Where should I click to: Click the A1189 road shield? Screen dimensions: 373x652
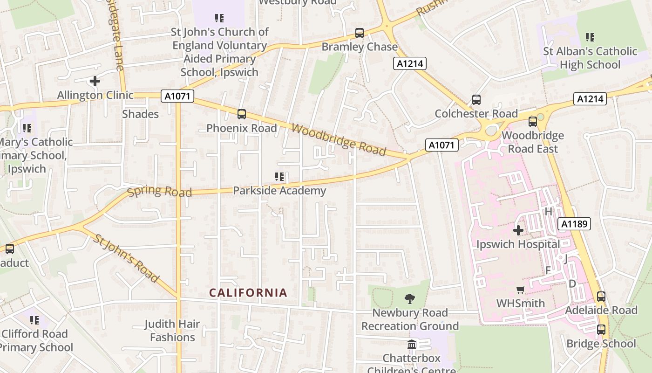point(575,224)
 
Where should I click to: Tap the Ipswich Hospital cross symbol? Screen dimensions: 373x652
point(518,230)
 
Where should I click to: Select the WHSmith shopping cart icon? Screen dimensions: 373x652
point(520,290)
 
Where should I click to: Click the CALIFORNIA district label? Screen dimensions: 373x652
point(248,293)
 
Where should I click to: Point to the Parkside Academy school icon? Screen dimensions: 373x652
point(279,177)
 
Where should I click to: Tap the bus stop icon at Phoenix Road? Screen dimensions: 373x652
point(241,114)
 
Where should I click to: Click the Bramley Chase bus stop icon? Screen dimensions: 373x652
point(359,33)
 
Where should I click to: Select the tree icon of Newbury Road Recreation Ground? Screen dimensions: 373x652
point(410,299)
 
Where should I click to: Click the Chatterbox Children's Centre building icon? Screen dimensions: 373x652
point(412,345)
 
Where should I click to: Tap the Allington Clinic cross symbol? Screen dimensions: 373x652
point(95,81)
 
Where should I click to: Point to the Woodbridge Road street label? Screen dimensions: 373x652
point(339,139)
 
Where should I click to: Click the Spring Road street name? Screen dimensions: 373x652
point(159,191)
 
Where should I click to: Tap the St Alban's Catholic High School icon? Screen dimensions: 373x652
point(590,37)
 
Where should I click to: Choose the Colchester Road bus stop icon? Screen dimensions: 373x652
point(476,100)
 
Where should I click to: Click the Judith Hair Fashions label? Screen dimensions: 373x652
point(172,331)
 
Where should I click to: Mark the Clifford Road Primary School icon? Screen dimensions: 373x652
point(34,320)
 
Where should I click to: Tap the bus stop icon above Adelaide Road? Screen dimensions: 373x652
point(601,297)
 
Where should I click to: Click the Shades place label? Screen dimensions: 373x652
point(140,114)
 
